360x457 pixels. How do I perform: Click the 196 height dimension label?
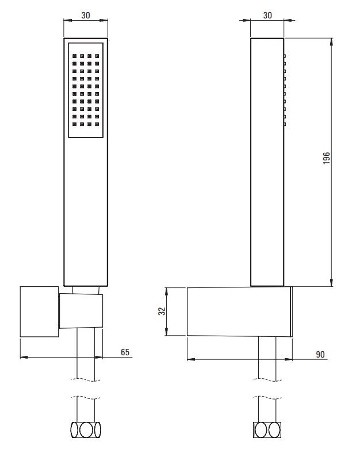click(x=327, y=158)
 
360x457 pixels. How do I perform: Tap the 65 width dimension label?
click(x=125, y=352)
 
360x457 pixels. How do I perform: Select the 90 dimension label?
click(x=320, y=355)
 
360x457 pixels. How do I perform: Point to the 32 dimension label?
click(x=162, y=311)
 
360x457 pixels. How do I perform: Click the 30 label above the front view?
click(x=86, y=15)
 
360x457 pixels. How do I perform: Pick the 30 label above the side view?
click(x=267, y=15)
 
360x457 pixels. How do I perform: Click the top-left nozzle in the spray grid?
click(x=74, y=56)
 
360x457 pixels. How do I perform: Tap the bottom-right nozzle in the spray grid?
click(x=97, y=124)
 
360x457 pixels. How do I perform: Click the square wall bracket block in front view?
click(x=39, y=312)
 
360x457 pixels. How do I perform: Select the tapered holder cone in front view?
click(x=81, y=311)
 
